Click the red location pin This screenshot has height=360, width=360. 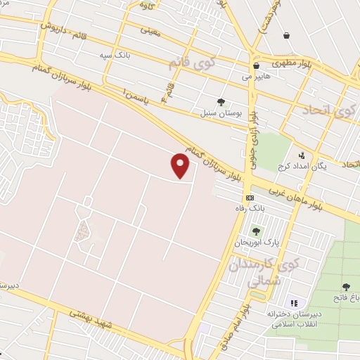point(181,166)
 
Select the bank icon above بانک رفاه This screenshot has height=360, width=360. point(250,198)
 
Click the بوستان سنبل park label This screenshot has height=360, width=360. point(221,112)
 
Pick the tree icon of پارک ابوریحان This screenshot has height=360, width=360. point(255,231)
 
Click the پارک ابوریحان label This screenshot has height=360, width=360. point(261,242)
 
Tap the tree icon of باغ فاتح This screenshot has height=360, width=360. point(345,287)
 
